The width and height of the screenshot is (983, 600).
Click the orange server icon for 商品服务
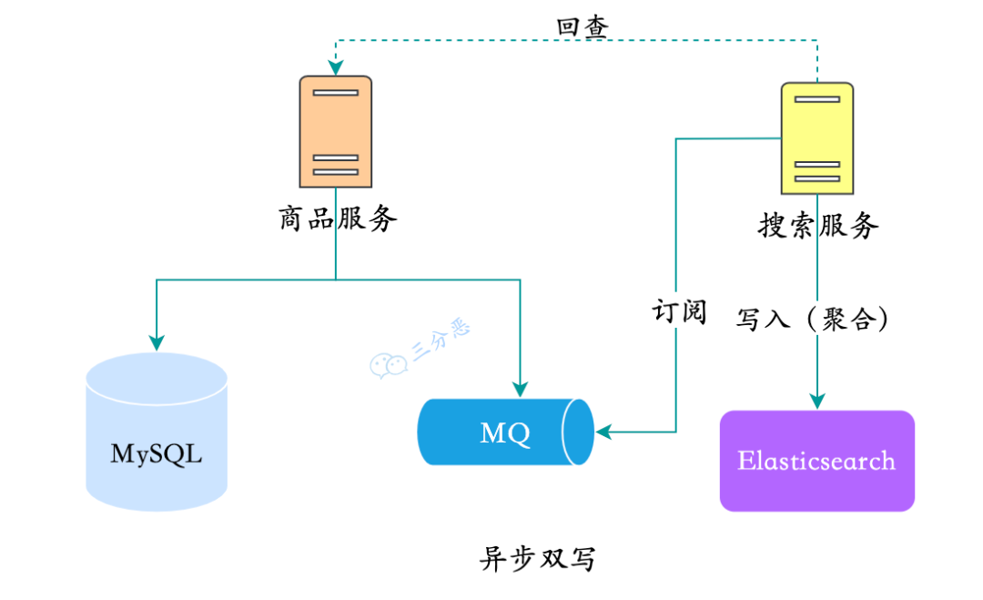335,132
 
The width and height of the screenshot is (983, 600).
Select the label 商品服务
338,219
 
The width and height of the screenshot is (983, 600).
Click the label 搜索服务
818,225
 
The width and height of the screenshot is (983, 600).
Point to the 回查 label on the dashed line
583,26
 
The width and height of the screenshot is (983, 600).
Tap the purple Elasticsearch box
816,461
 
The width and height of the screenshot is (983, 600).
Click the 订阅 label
678,311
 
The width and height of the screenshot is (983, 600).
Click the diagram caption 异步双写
537,558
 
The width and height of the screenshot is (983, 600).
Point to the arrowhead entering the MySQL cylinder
157,342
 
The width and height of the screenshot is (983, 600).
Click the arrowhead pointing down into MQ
520,387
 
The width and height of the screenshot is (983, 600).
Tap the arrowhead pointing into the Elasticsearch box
817,400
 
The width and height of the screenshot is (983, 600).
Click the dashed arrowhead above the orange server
335,66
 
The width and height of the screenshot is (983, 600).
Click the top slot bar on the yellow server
816,99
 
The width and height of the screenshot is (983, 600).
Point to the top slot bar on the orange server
335,92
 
